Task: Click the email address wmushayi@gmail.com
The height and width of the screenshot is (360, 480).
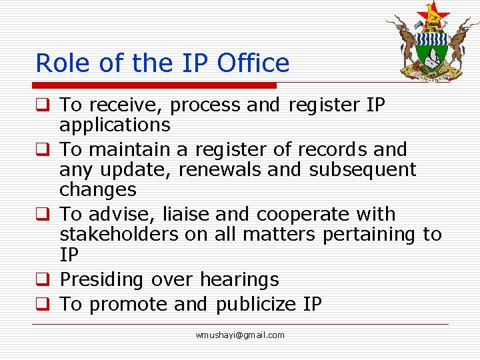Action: click(x=240, y=335)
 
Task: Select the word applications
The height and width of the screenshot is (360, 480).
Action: click(x=115, y=125)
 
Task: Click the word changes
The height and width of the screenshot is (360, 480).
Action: click(x=97, y=190)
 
